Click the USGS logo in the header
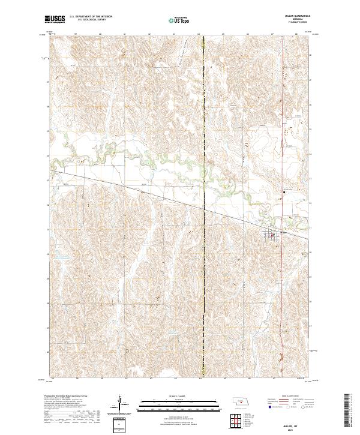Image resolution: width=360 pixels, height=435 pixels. click(55, 19)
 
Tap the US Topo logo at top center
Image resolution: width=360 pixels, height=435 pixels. click(179, 20)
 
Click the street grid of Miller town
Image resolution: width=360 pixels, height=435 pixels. click(272, 236)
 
